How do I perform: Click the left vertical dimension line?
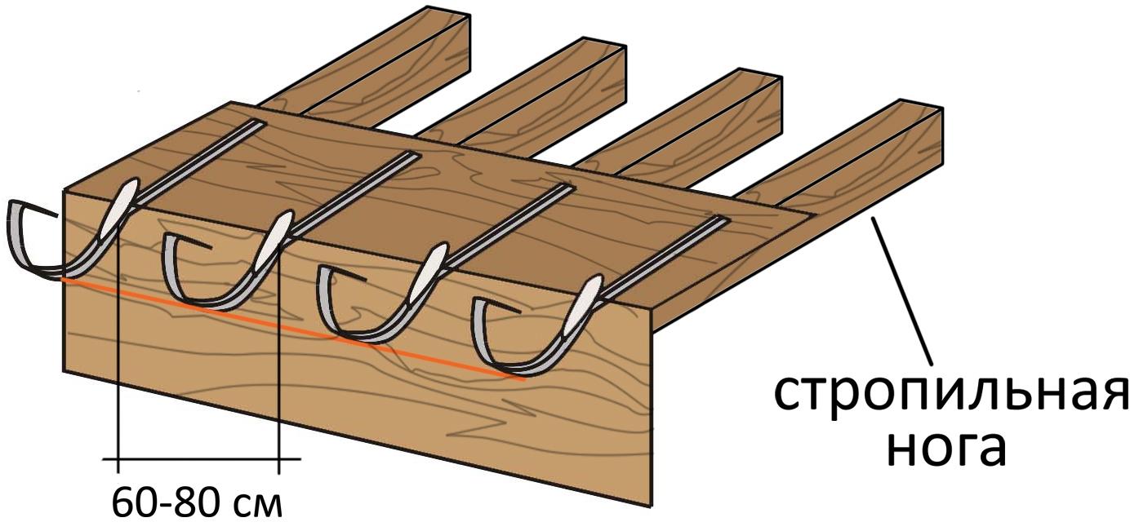pos(119,367)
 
